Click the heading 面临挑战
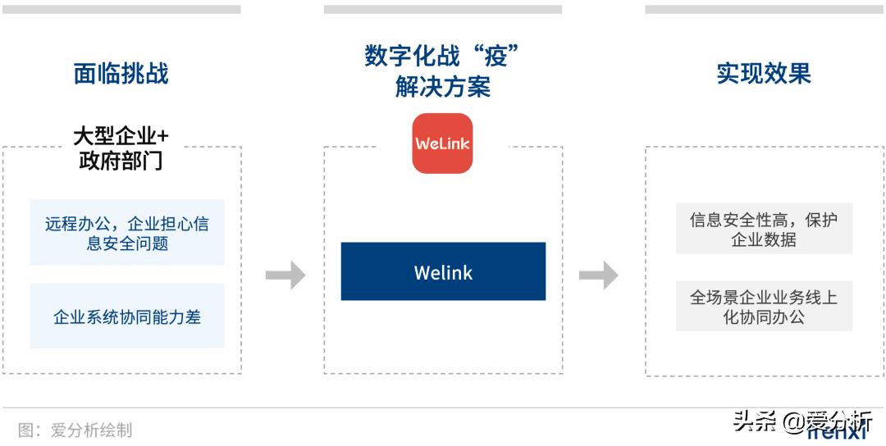pos(121,74)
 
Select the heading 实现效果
pos(764,74)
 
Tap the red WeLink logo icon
pos(442,143)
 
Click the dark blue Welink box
pos(443,271)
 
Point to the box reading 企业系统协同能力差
pos(127,316)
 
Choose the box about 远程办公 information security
pos(127,233)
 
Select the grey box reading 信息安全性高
pos(764,230)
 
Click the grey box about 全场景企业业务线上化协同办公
pos(764,307)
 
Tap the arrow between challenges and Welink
pos(285,275)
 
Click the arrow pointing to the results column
pos(598,275)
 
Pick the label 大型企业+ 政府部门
pos(121,148)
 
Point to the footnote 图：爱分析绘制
pos(75,430)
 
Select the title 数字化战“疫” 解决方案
pos(443,72)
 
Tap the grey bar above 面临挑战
pos(121,10)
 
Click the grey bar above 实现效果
pos(764,10)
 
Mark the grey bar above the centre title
pos(443,10)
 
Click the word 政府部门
pos(121,161)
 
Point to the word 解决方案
pos(443,87)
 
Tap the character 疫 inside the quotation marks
pos(496,57)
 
